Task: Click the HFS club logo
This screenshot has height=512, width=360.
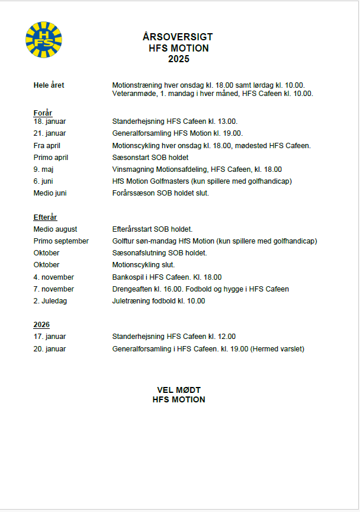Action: (x=44, y=40)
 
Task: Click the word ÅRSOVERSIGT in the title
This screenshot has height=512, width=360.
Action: (x=178, y=37)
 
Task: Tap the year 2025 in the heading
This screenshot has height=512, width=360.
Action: (x=178, y=59)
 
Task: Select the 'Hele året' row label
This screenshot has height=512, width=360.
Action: (x=49, y=85)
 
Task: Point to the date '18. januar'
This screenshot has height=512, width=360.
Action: (x=50, y=121)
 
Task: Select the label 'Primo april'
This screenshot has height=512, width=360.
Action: (x=51, y=158)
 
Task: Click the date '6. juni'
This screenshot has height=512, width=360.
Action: (x=45, y=181)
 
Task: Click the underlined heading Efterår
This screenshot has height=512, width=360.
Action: (x=46, y=218)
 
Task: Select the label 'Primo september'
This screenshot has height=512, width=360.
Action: (x=61, y=241)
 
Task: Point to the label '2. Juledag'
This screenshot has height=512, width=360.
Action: (x=50, y=301)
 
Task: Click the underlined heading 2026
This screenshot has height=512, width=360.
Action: (x=41, y=325)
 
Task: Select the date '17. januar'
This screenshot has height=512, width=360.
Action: (x=50, y=337)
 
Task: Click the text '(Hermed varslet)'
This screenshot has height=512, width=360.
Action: (x=278, y=349)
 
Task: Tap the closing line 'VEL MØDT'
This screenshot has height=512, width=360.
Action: (x=178, y=390)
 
